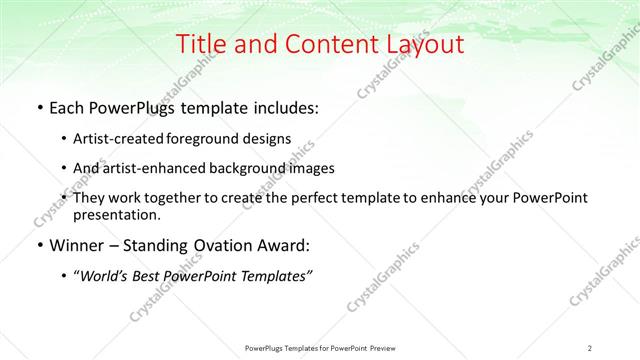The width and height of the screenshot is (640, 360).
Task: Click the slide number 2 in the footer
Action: click(x=590, y=347)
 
